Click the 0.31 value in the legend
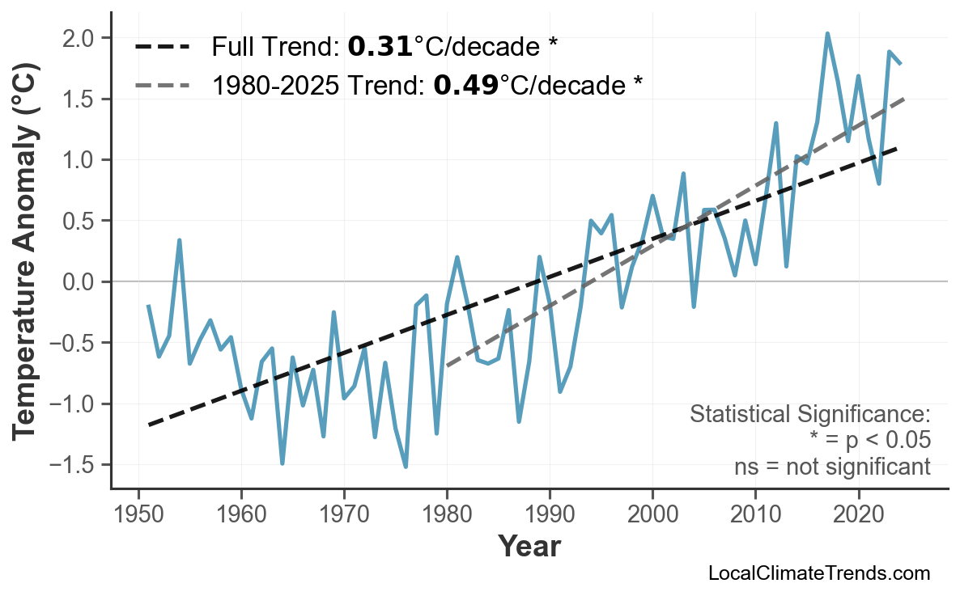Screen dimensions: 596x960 380,47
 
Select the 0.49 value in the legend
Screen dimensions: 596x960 465,84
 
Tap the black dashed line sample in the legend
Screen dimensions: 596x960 163,47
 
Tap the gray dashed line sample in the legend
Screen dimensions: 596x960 163,84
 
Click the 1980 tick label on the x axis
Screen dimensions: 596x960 447,515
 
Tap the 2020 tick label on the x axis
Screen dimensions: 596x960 858,515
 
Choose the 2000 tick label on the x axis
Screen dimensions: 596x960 652,515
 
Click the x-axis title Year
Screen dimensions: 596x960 529,547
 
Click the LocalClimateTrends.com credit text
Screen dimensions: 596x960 818,573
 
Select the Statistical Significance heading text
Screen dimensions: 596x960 809,415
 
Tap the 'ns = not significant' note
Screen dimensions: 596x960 831,467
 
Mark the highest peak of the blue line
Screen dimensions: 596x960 827,34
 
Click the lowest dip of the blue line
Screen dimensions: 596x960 406,467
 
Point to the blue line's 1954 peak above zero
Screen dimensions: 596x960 180,240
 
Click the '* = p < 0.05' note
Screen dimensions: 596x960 869,441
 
